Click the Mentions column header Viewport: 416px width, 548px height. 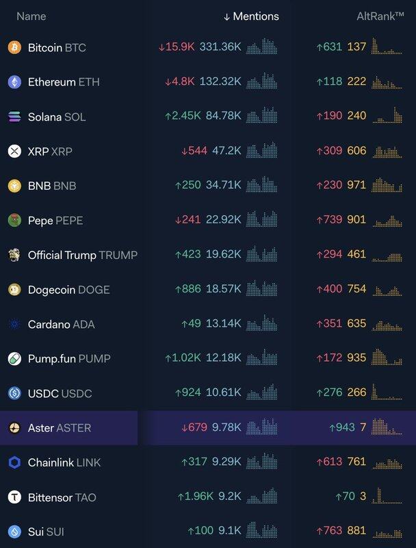[251, 16]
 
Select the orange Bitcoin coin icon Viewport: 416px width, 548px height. [14, 48]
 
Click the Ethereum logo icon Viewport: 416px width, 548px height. [14, 82]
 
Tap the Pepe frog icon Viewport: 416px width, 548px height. [14, 221]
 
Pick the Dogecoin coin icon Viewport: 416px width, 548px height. [14, 290]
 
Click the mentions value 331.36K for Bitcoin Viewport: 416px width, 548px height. [220, 48]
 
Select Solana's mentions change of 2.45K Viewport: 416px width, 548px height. [182, 116]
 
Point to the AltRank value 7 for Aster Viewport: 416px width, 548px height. [362, 428]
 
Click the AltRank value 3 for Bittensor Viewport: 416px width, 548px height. [362, 497]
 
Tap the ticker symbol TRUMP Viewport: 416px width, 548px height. [118, 256]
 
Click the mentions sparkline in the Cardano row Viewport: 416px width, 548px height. [262, 324]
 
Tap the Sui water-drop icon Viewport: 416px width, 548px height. [14, 532]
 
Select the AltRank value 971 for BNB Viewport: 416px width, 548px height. [356, 186]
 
